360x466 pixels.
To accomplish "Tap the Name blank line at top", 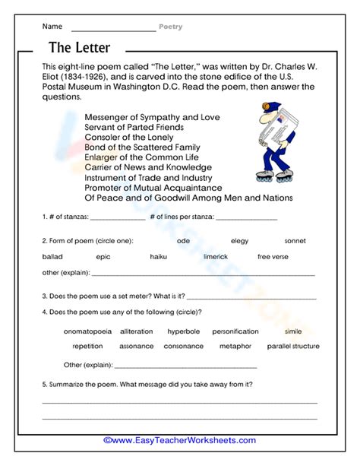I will pyautogui.click(x=112, y=28).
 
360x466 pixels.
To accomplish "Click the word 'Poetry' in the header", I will pyautogui.click(x=170, y=27).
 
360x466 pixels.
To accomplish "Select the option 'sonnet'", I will pyautogui.click(x=295, y=241).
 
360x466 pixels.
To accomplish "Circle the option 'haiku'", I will pyautogui.click(x=159, y=257).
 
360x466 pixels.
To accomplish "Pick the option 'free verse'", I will pyautogui.click(x=273, y=257).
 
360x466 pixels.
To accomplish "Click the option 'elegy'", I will pyautogui.click(x=239, y=241).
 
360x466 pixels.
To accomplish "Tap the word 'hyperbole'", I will pyautogui.click(x=184, y=331).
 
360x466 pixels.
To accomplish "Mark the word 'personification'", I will pyautogui.click(x=235, y=331).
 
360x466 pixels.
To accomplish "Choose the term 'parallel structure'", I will pyautogui.click(x=293, y=347).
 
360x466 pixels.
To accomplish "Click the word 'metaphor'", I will pyautogui.click(x=235, y=347).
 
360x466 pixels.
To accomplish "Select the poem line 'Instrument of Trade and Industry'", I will pyautogui.click(x=147, y=177).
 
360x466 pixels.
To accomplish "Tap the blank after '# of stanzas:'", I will pyautogui.click(x=117, y=217).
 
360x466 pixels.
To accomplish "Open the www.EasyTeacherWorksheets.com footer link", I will pyautogui.click(x=179, y=440).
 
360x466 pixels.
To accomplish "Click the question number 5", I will pyautogui.click(x=44, y=385).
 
